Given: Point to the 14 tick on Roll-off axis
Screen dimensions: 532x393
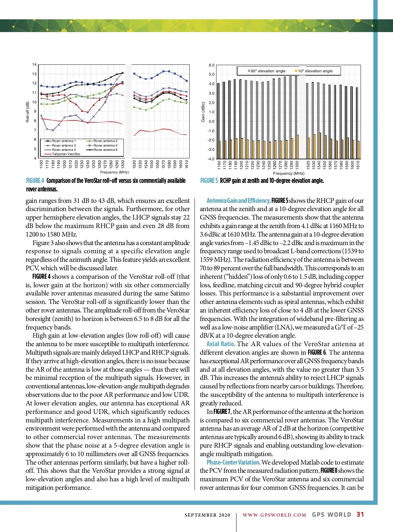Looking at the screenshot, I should click(34, 65).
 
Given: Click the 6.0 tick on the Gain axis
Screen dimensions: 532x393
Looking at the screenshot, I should click(212, 65).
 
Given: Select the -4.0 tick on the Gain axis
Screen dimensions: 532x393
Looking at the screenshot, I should click(211, 159).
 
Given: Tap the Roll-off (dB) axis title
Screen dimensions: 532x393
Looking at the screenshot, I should click(28, 112).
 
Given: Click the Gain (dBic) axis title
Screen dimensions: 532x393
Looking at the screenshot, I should click(203, 112).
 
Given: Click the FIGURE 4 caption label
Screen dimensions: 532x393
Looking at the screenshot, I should click(35, 181).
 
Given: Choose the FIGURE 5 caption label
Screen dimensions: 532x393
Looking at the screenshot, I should click(209, 181).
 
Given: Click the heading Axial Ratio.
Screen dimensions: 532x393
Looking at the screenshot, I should click(221, 344).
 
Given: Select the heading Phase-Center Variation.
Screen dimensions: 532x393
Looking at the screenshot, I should click(234, 462).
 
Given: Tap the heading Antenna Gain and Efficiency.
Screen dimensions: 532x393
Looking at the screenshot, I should click(238, 201).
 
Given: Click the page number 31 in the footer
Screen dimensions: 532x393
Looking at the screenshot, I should click(360, 514).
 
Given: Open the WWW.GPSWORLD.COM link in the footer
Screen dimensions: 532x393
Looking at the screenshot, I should click(274, 515).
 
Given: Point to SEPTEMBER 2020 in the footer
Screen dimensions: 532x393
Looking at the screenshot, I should click(207, 515).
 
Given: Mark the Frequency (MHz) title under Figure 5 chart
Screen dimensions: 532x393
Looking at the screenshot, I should click(289, 173).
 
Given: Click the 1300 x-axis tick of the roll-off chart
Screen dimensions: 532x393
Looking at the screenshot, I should click(123, 164).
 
